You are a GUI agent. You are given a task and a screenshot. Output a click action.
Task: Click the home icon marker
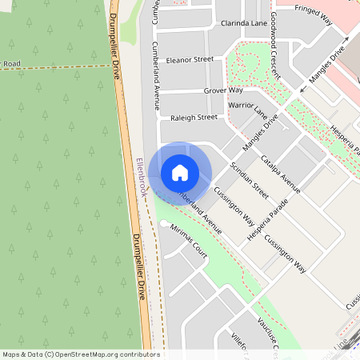coord(180,172)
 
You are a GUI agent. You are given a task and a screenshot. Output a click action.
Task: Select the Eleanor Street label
coord(190,59)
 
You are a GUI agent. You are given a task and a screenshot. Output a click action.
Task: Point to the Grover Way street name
coord(223,91)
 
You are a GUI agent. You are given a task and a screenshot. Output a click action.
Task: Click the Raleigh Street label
coord(194,118)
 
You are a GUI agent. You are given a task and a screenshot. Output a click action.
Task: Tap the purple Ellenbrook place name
coord(142,178)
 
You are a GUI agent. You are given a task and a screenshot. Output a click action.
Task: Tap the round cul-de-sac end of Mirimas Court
coord(164,223)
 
